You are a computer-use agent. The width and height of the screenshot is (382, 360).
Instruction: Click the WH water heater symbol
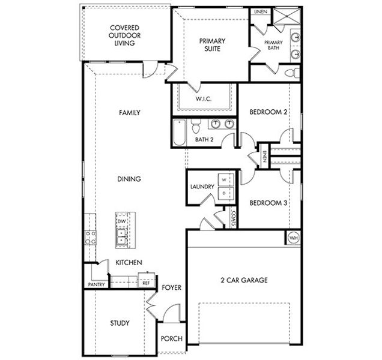pyautogui.click(x=294, y=238)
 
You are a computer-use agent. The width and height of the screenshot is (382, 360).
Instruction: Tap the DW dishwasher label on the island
pyautogui.click(x=121, y=221)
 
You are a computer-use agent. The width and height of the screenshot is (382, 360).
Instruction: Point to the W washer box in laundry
pyautogui.click(x=224, y=179)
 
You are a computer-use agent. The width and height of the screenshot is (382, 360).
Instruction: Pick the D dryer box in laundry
pyautogui.click(x=224, y=193)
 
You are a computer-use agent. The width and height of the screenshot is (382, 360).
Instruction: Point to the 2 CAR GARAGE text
pyautogui.click(x=244, y=280)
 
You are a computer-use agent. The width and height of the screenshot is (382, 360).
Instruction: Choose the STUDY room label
pyautogui.click(x=120, y=323)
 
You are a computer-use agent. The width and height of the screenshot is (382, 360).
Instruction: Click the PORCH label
pyautogui.click(x=171, y=339)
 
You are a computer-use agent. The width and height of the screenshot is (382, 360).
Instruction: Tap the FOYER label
pyautogui.click(x=171, y=288)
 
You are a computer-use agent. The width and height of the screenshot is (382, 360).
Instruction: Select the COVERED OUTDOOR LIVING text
pyautogui.click(x=125, y=35)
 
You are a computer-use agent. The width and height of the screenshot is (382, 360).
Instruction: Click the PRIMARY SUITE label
pyautogui.click(x=212, y=45)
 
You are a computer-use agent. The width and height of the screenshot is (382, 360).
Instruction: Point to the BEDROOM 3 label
pyautogui.click(x=268, y=203)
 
